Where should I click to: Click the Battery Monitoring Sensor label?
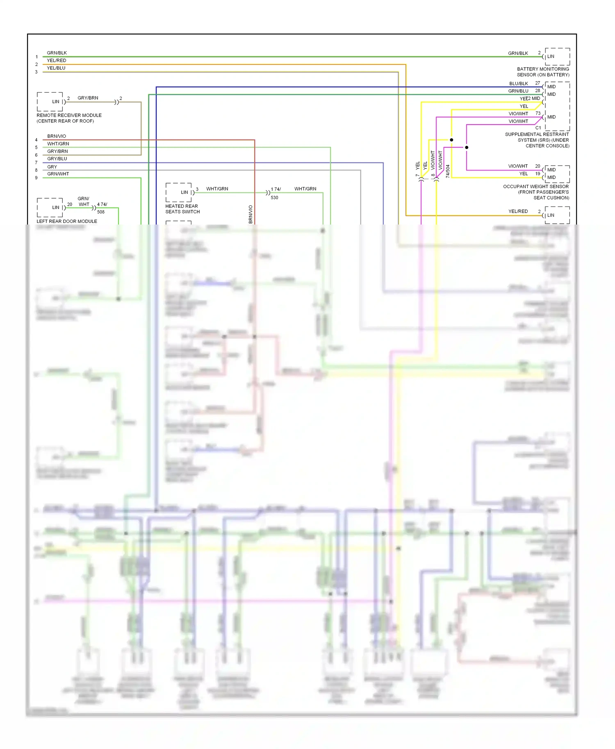pyautogui.click(x=543, y=72)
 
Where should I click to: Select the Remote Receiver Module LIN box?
pyautogui.click(x=50, y=102)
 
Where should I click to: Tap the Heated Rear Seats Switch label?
pyautogui.click(x=182, y=209)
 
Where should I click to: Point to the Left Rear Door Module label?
pyautogui.click(x=67, y=221)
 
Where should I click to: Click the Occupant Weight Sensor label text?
pyautogui.click(x=536, y=192)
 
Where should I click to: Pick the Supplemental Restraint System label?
pyautogui.click(x=537, y=140)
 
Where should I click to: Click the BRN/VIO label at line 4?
pyautogui.click(x=57, y=136)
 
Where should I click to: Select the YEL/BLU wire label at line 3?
pyautogui.click(x=56, y=68)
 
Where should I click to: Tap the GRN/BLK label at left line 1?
pyautogui.click(x=57, y=53)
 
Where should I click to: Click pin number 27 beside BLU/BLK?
pyautogui.click(x=538, y=83)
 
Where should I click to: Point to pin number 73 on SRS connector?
pyautogui.click(x=538, y=113)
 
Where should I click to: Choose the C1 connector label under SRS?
pyautogui.click(x=538, y=128)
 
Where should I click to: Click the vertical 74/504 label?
pyautogui.click(x=448, y=171)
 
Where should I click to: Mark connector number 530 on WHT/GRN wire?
pyautogui.click(x=274, y=197)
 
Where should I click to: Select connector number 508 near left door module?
pyautogui.click(x=101, y=212)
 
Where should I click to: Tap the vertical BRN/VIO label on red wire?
pyautogui.click(x=251, y=214)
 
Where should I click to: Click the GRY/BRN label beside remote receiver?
pyautogui.click(x=88, y=98)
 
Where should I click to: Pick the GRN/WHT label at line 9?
pyautogui.click(x=58, y=174)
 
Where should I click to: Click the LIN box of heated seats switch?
pyautogui.click(x=179, y=192)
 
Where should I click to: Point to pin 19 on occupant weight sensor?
pyautogui.click(x=538, y=174)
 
